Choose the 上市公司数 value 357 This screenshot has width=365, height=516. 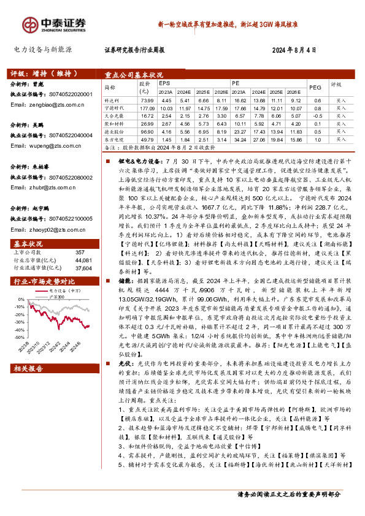(80, 252)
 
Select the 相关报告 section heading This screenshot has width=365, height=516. (29, 369)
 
